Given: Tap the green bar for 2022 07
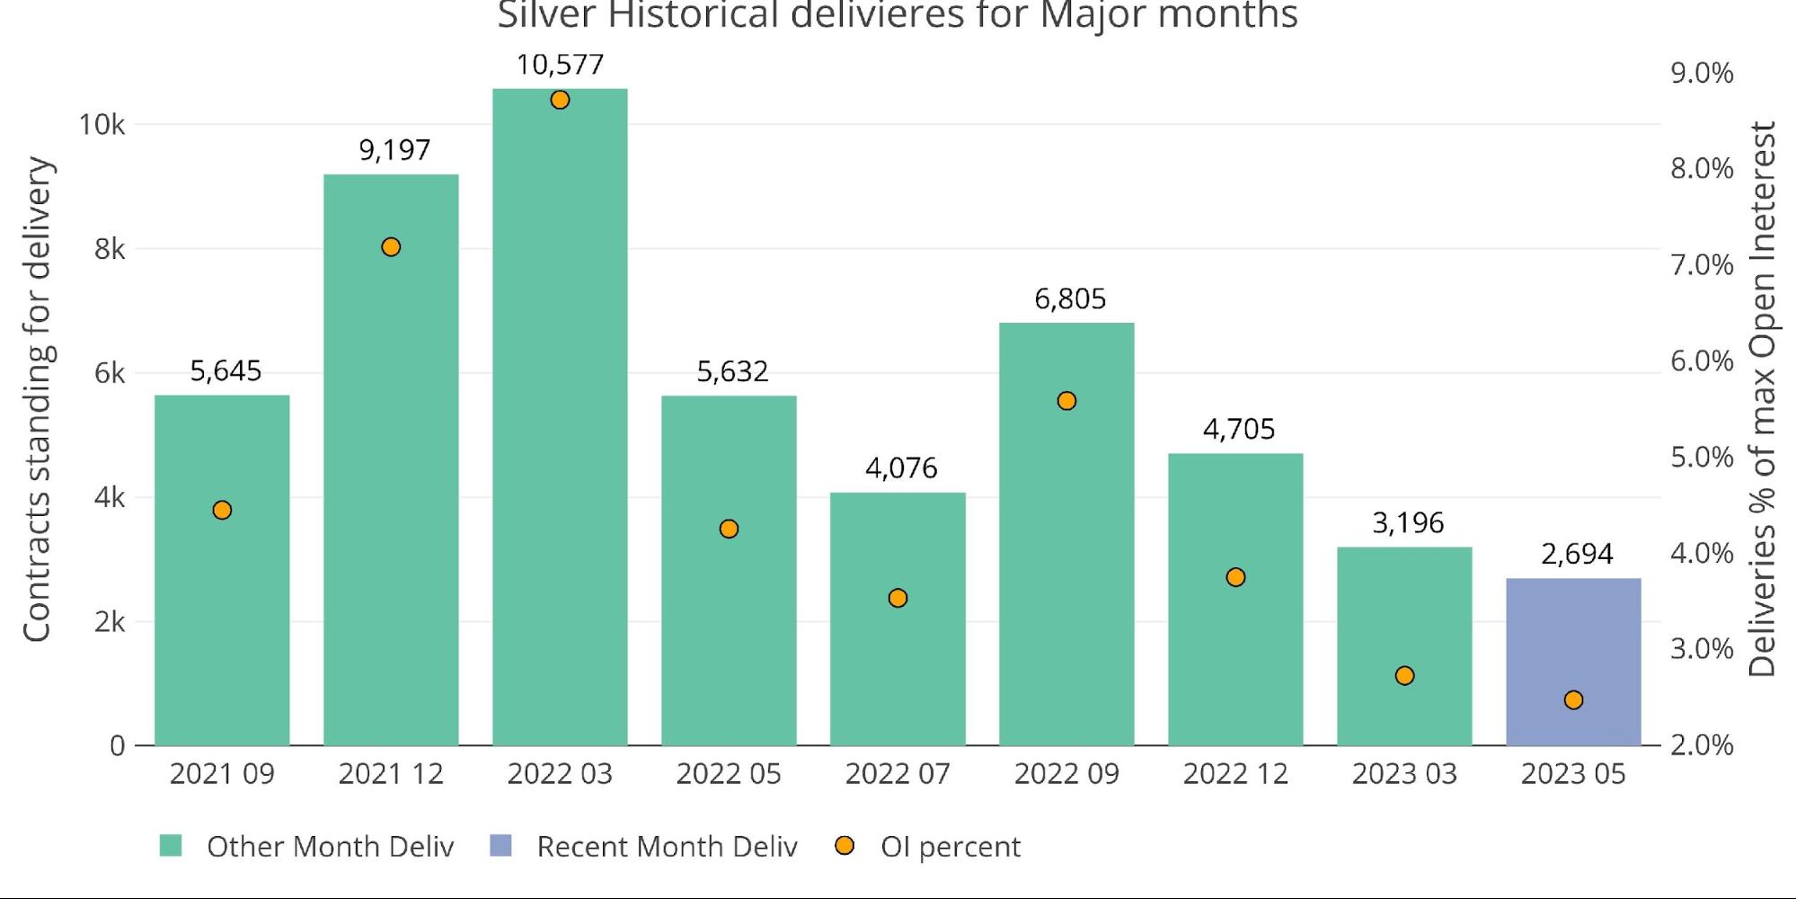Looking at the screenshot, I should (x=898, y=665).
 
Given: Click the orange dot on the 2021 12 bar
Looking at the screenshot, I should (x=391, y=247).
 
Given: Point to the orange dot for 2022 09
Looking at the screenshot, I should (x=1066, y=401).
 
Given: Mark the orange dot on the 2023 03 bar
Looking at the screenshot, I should (x=1404, y=675).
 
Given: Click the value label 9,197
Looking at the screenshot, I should (x=394, y=150).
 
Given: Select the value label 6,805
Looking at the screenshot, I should (x=1070, y=298).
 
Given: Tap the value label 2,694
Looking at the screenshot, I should (x=1577, y=554).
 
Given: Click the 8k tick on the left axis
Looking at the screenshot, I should (x=110, y=249).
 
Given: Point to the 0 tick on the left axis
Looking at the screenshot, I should (x=117, y=745).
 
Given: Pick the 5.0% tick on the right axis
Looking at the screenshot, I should (x=1702, y=457).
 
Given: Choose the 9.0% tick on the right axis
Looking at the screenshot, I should (x=1702, y=73).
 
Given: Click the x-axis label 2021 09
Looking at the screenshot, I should (x=222, y=774).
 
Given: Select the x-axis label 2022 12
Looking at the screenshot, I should (x=1235, y=774).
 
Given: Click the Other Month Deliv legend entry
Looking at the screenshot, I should (x=330, y=847).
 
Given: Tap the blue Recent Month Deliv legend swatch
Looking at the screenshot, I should (x=500, y=846).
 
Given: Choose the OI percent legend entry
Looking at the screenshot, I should (x=950, y=847).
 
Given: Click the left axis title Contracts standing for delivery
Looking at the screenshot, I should (x=37, y=399).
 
